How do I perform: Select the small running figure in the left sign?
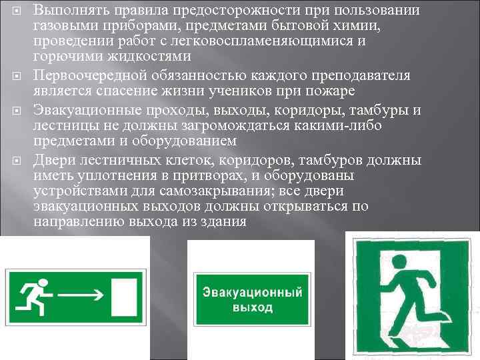[x=31, y=293]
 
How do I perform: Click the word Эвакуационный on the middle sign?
[x=253, y=293]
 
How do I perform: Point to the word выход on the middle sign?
[x=253, y=307]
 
